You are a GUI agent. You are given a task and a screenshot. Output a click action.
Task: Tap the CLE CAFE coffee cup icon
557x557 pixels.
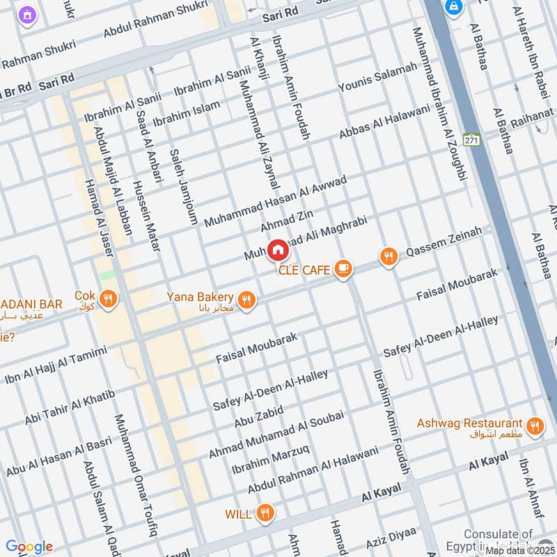click(343, 268)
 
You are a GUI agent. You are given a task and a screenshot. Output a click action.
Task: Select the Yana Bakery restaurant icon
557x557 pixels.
click(245, 300)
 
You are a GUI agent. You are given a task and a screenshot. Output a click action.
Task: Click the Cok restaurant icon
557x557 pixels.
click(107, 299)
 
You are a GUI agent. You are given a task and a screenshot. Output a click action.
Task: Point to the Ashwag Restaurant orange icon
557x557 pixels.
click(535, 425)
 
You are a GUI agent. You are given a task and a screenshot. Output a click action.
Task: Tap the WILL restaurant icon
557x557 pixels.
click(264, 514)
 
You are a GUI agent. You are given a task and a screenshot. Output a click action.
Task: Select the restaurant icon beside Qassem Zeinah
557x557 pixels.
click(389, 257)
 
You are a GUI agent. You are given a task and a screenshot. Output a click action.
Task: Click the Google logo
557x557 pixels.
click(29, 547)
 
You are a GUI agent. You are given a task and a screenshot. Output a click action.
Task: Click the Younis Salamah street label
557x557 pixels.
click(377, 77)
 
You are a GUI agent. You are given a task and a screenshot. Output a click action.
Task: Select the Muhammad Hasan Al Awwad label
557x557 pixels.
click(274, 202)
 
